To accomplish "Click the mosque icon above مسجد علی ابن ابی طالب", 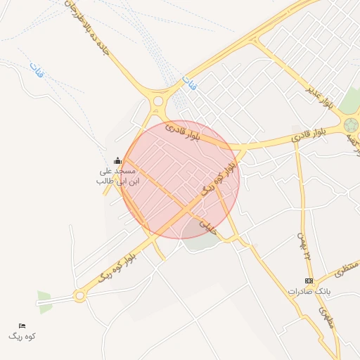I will click(117, 161).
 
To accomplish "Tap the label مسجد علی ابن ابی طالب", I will click(117, 176).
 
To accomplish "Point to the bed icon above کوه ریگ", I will click(22, 326).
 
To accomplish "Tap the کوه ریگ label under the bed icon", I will click(22, 336).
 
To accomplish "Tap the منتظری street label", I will click(345, 269).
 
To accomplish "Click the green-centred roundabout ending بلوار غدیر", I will click(350, 124).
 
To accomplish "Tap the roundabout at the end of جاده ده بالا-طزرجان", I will click(158, 101).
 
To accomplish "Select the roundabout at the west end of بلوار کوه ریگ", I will click(79, 295).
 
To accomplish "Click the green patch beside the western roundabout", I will click(44, 302).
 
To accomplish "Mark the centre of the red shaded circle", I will click(180, 179).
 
